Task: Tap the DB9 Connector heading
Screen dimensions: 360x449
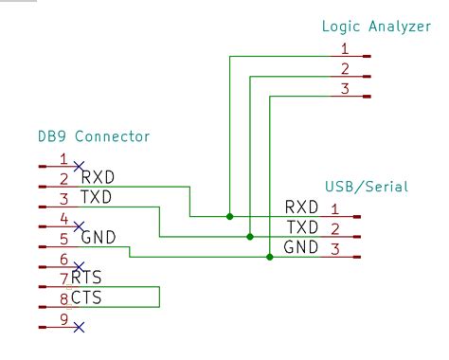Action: coord(94,136)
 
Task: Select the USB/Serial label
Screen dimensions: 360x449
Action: coord(366,187)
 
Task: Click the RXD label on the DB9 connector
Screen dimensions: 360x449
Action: coord(99,177)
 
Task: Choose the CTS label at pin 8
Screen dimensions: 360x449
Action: coord(86,298)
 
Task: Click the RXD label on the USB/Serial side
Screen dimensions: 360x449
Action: coord(301,207)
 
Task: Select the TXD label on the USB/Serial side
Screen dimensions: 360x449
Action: coord(301,227)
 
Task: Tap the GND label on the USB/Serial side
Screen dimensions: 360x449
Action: coord(301,248)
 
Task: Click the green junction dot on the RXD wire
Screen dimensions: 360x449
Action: coord(229,216)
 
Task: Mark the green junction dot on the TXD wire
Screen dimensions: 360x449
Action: coord(249,237)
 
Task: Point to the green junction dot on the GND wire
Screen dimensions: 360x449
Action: coord(270,257)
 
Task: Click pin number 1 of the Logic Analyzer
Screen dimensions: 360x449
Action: coord(345,48)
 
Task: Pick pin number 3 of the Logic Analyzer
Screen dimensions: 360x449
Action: coord(345,88)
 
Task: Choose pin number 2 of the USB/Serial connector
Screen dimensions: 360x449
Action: coord(334,228)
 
